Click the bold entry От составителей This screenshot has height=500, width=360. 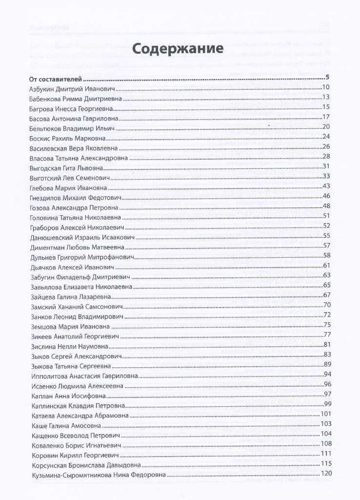[x=55, y=78]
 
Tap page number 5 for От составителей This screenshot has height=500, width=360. [x=328, y=78]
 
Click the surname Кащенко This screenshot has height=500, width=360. [x=45, y=434]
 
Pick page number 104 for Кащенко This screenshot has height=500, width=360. [x=326, y=434]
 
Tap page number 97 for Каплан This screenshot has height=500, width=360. [x=327, y=394]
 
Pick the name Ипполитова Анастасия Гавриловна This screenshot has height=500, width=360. [x=83, y=375]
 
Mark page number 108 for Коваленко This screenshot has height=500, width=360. [x=326, y=443]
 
